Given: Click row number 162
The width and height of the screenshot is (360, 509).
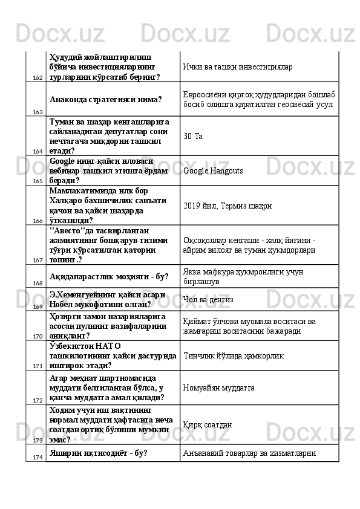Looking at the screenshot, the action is click(x=37, y=78).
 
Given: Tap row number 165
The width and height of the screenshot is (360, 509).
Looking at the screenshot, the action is click(x=37, y=181).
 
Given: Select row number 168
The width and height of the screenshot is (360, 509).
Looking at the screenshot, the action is click(x=37, y=283).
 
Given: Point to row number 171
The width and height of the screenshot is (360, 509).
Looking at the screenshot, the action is click(x=37, y=366).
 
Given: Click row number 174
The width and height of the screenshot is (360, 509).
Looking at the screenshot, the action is click(x=37, y=457).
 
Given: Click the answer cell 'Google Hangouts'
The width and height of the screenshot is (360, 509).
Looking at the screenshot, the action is click(x=213, y=171).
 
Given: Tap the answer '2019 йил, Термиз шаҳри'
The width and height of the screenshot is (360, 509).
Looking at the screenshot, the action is click(x=227, y=206).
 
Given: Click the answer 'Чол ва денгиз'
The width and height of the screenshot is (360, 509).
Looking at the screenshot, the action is click(x=208, y=299).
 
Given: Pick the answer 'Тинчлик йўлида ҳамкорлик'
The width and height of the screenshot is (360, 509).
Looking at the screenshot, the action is click(x=233, y=357).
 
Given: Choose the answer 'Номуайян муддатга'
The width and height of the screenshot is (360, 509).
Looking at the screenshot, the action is click(x=218, y=386).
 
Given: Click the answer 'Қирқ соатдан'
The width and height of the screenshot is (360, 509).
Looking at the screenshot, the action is click(x=208, y=424).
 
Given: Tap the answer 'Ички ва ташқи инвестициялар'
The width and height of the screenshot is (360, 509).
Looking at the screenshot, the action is click(x=238, y=66).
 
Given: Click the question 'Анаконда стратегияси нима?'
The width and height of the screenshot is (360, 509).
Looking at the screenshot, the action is click(x=106, y=99).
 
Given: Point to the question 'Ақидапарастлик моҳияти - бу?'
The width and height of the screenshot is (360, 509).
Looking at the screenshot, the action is click(x=109, y=276).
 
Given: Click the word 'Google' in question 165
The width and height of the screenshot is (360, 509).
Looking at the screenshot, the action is click(x=63, y=161).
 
